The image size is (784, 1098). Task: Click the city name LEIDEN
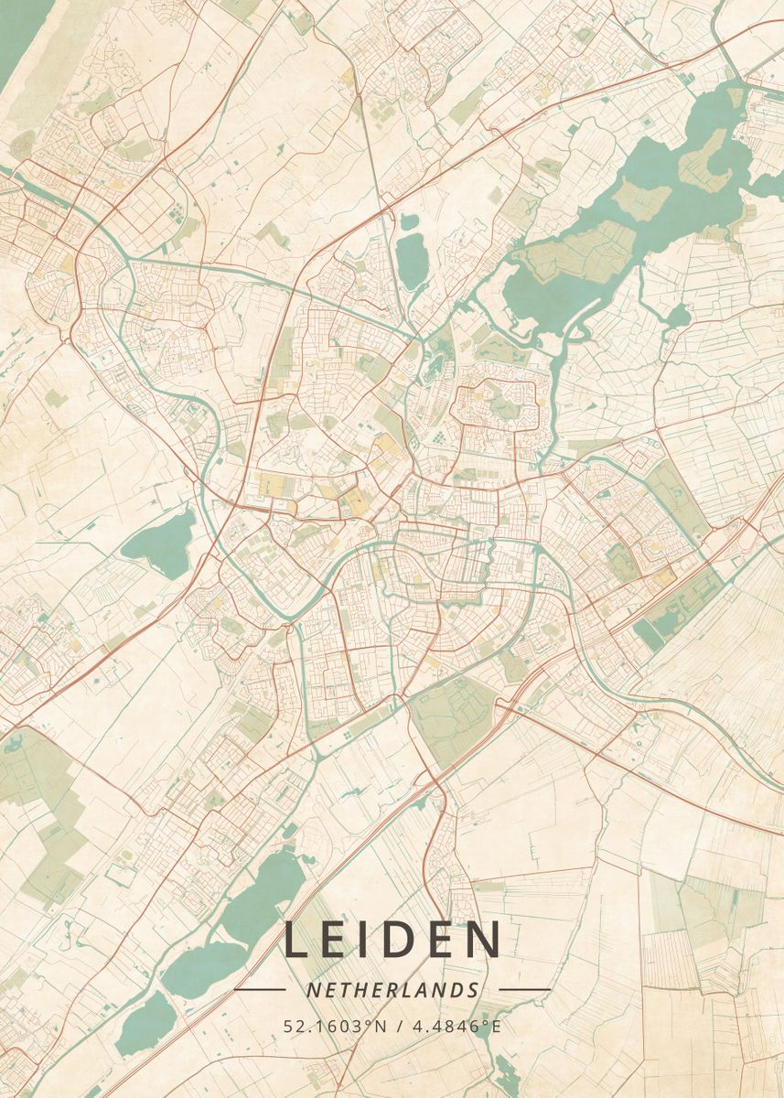pyautogui.click(x=392, y=940)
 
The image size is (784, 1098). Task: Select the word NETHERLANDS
pyautogui.click(x=392, y=990)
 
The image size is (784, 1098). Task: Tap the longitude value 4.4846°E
pyautogui.click(x=456, y=1026)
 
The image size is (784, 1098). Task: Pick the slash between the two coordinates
pyautogui.click(x=396, y=1026)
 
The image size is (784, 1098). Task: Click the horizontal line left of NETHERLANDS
pyautogui.click(x=260, y=990)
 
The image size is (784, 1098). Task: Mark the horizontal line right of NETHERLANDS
pyautogui.click(x=524, y=990)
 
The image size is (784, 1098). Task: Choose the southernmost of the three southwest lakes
pyautogui.click(x=146, y=1017)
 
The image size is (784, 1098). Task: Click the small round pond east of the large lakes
pyautogui.click(x=677, y=316)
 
